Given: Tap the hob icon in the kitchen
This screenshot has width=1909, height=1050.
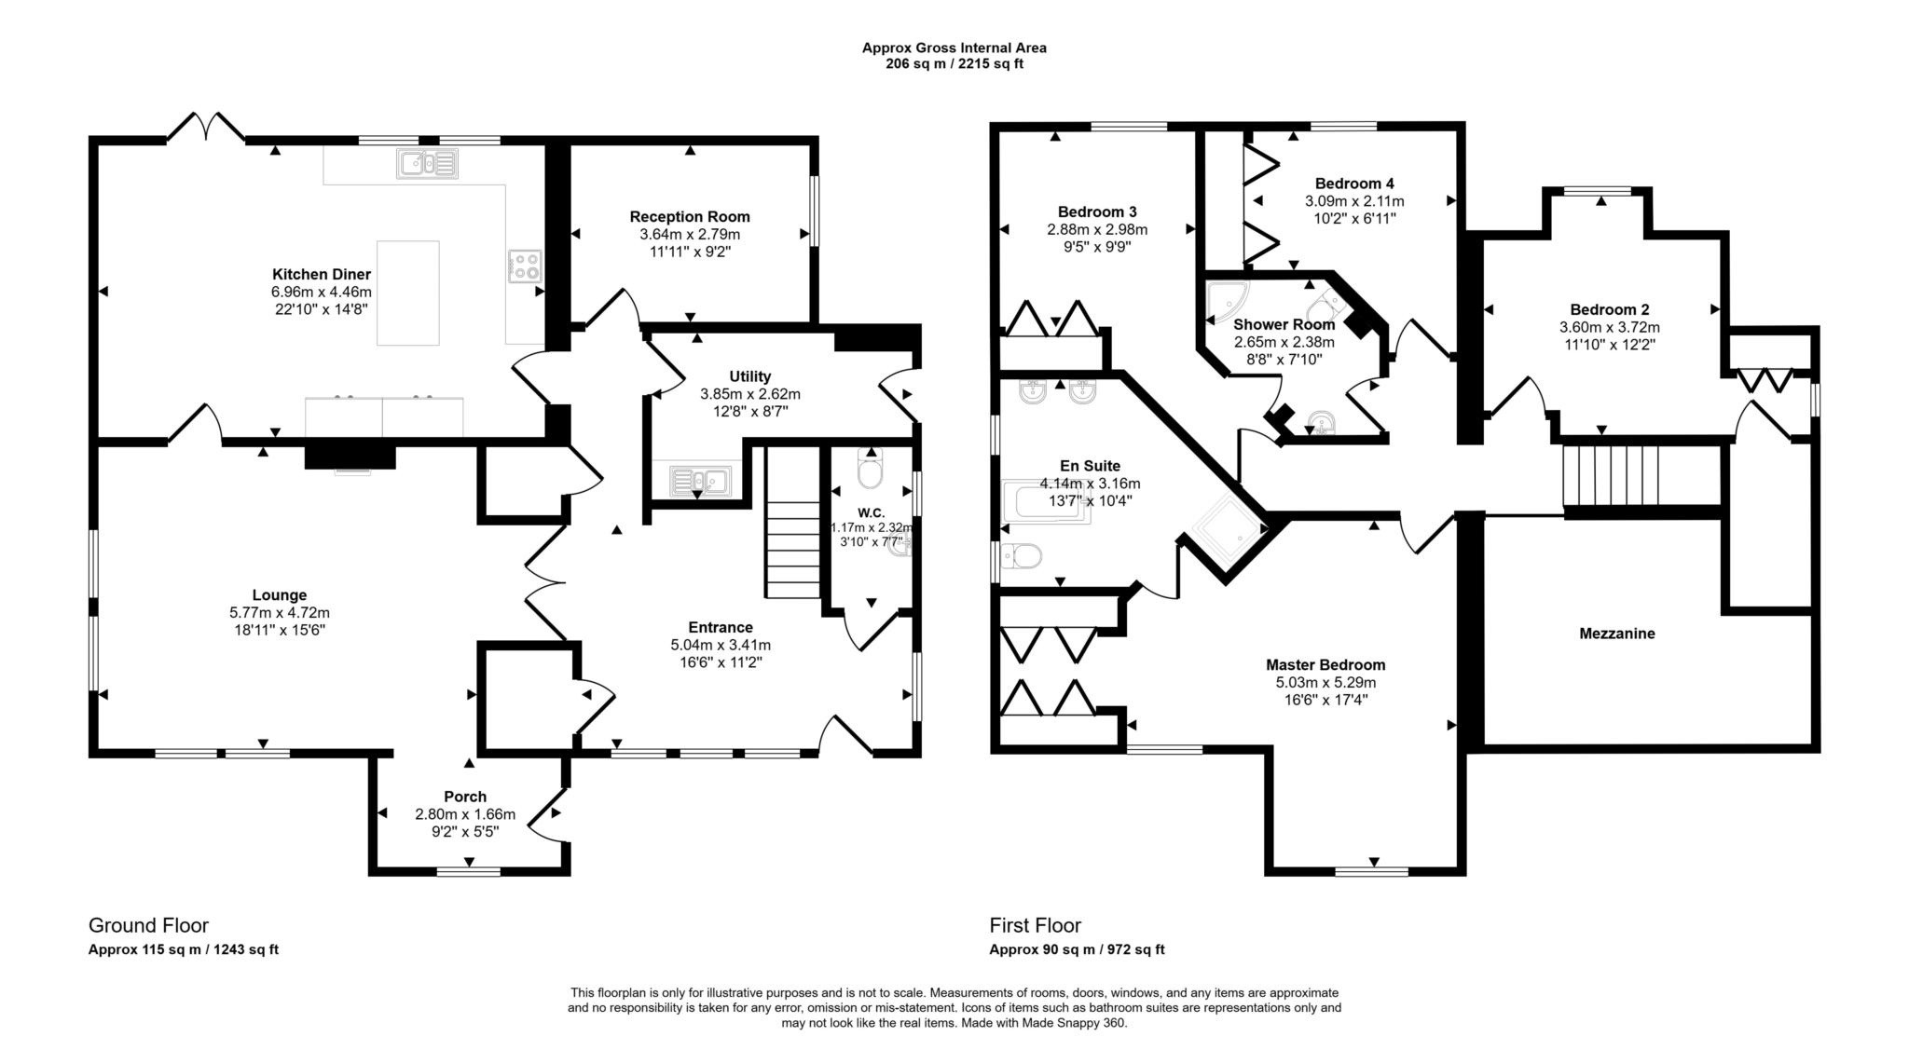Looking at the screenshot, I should pos(525,266).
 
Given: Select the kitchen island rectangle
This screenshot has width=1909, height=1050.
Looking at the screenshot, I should pos(407,293).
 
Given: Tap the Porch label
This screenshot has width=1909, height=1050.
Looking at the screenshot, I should pos(464,797).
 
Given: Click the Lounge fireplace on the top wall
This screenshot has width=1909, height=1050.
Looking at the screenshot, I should pos(350,457).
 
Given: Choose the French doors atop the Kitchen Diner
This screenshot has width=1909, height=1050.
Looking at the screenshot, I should pos(206,128).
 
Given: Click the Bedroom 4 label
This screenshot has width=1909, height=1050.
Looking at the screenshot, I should pos(1353,184).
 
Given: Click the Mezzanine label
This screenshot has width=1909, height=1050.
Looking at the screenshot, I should pos(1616,634).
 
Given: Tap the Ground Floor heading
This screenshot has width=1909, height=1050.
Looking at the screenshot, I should pos(148,925).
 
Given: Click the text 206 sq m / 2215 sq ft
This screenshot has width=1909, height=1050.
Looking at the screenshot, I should pos(954,64).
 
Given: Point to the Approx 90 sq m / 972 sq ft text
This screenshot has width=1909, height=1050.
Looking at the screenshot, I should pos(1077,950).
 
